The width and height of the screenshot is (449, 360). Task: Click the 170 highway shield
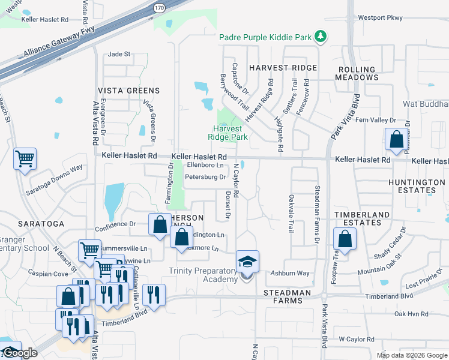point(158,8)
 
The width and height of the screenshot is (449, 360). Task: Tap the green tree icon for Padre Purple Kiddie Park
point(321,37)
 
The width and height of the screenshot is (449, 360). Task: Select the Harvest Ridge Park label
point(228,133)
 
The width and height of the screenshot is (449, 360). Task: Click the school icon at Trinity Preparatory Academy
point(247,262)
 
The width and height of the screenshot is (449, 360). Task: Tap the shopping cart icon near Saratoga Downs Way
point(25,159)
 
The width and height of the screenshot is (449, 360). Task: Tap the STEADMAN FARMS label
point(288,293)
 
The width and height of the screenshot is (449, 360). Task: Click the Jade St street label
point(119,54)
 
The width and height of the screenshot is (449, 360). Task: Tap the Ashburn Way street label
point(291,273)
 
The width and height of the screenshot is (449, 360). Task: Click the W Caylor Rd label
point(356,339)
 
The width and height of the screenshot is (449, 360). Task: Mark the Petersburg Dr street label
point(205,177)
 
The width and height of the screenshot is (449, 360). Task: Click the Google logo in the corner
point(19,353)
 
